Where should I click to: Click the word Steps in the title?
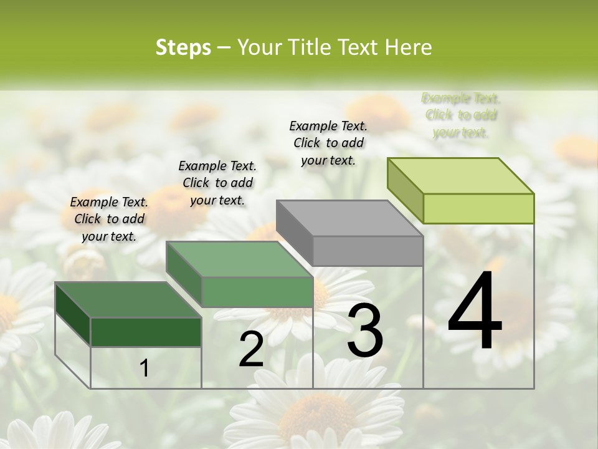pos(183,48)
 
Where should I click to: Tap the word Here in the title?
pos(407,48)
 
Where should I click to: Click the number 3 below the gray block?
pos(364,331)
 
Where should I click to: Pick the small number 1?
pos(144,369)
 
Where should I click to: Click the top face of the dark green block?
pos(128,300)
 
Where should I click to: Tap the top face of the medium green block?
pos(239,259)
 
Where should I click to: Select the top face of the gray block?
pos(349,219)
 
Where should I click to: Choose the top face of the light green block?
pos(461,176)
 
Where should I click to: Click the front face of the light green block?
pos(478,208)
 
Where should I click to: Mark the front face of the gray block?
pos(368,251)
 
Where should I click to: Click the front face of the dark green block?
pos(146,332)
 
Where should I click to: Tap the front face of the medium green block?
pos(257,292)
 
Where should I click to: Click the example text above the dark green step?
pos(109,220)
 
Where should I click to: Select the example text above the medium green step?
pos(217,183)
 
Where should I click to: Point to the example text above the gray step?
pos(328,143)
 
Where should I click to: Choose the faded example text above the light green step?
pos(461,115)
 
